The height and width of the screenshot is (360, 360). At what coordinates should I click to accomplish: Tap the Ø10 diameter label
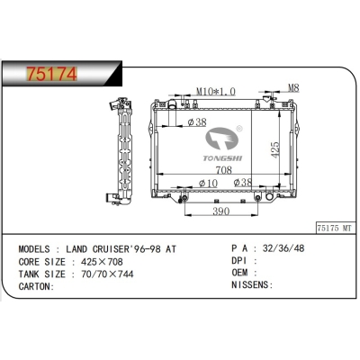(x=209, y=184)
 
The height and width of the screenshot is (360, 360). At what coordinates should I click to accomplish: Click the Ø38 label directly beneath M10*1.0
(x=196, y=121)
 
